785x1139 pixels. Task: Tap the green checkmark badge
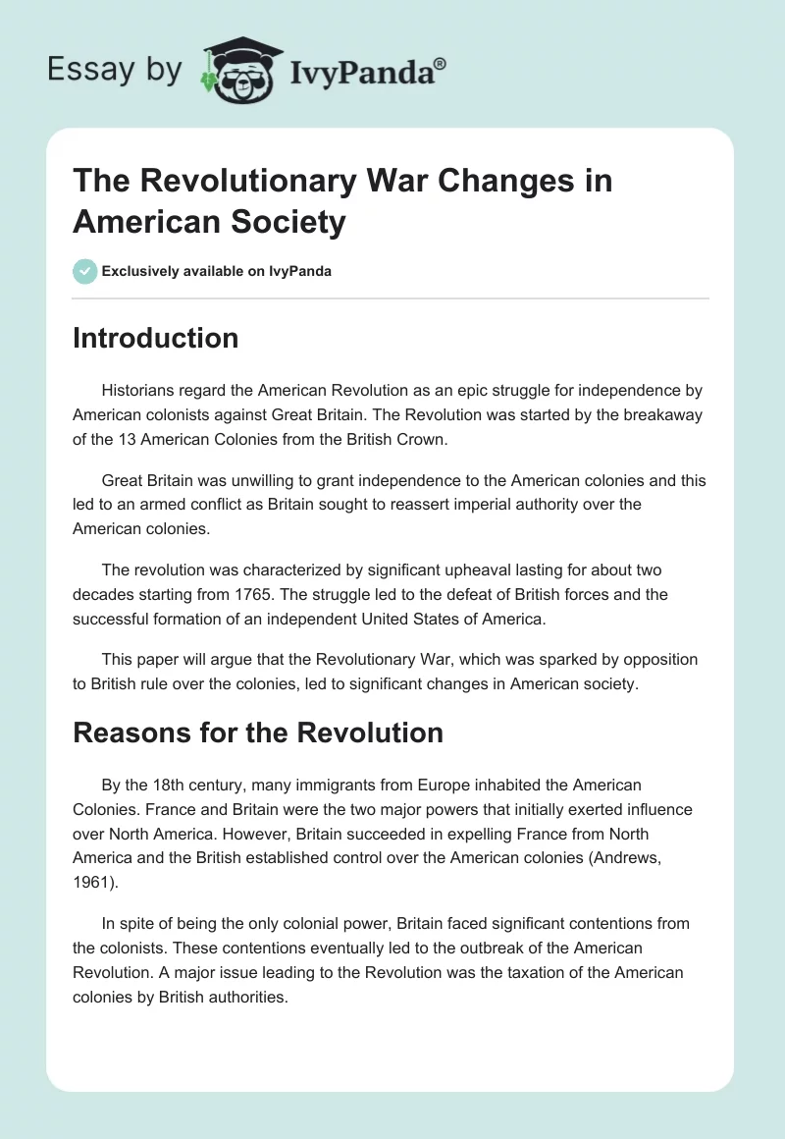pyautogui.click(x=85, y=271)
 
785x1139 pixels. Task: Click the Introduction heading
pyautogui.click(x=155, y=338)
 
